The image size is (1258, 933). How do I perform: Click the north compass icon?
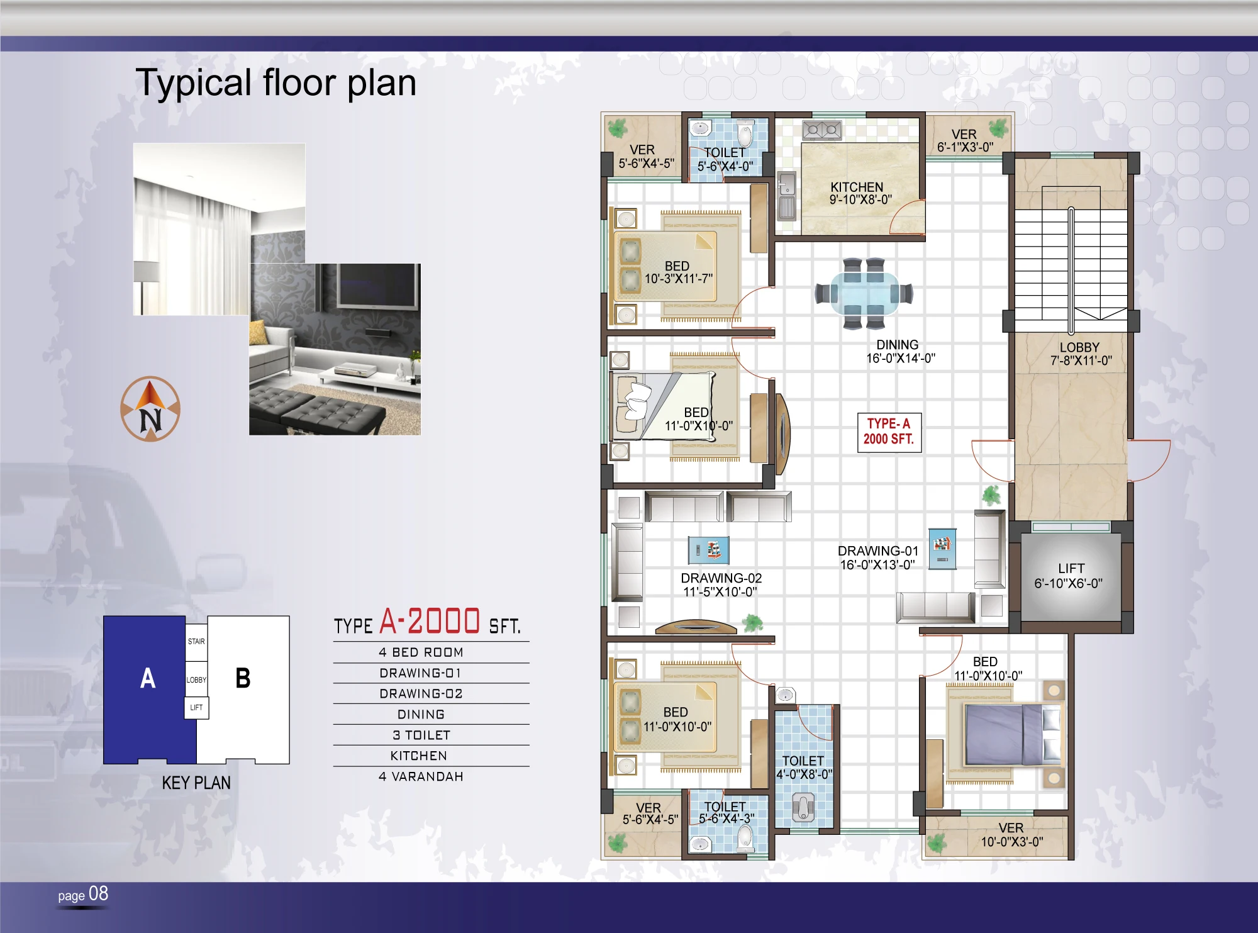150,409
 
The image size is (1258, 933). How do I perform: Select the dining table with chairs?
864,293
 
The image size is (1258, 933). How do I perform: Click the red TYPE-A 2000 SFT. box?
889,432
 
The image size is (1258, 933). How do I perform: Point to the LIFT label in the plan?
1071,568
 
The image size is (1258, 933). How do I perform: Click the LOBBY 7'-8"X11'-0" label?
1081,354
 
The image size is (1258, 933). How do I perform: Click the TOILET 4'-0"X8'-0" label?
804,768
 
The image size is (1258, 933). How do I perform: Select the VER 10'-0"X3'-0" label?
1011,835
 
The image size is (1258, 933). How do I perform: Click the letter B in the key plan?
243,678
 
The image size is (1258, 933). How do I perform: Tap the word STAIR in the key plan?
196,642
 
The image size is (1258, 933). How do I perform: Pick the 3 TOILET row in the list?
421,735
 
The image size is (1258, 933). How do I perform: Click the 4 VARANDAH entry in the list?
421,776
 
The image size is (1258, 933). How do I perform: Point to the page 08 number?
83,894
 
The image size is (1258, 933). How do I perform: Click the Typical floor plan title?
276,83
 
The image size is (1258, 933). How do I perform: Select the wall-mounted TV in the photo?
379,286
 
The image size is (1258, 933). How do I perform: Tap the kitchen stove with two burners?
822,130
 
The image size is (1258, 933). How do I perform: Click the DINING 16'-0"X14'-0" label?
900,352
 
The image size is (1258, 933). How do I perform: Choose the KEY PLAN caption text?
196,783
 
